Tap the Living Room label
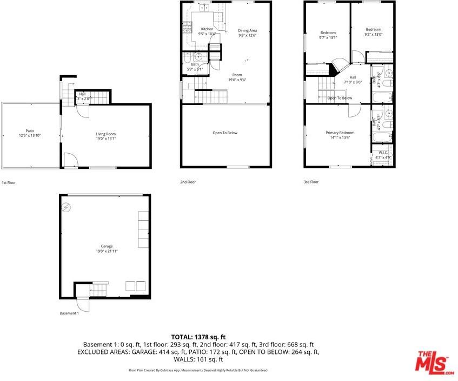106,134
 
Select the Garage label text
106,246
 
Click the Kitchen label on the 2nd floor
207,29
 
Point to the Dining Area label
247,30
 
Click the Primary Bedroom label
340,133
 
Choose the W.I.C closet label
383,153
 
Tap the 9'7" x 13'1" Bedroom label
328,32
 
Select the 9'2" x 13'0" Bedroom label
373,29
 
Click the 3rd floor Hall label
353,77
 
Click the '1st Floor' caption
9,183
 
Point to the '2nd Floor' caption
188,182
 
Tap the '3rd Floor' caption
311,182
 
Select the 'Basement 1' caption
69,313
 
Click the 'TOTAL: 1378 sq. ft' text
198,336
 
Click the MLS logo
434,362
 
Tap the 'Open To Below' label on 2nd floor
225,133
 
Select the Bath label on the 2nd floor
195,64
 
